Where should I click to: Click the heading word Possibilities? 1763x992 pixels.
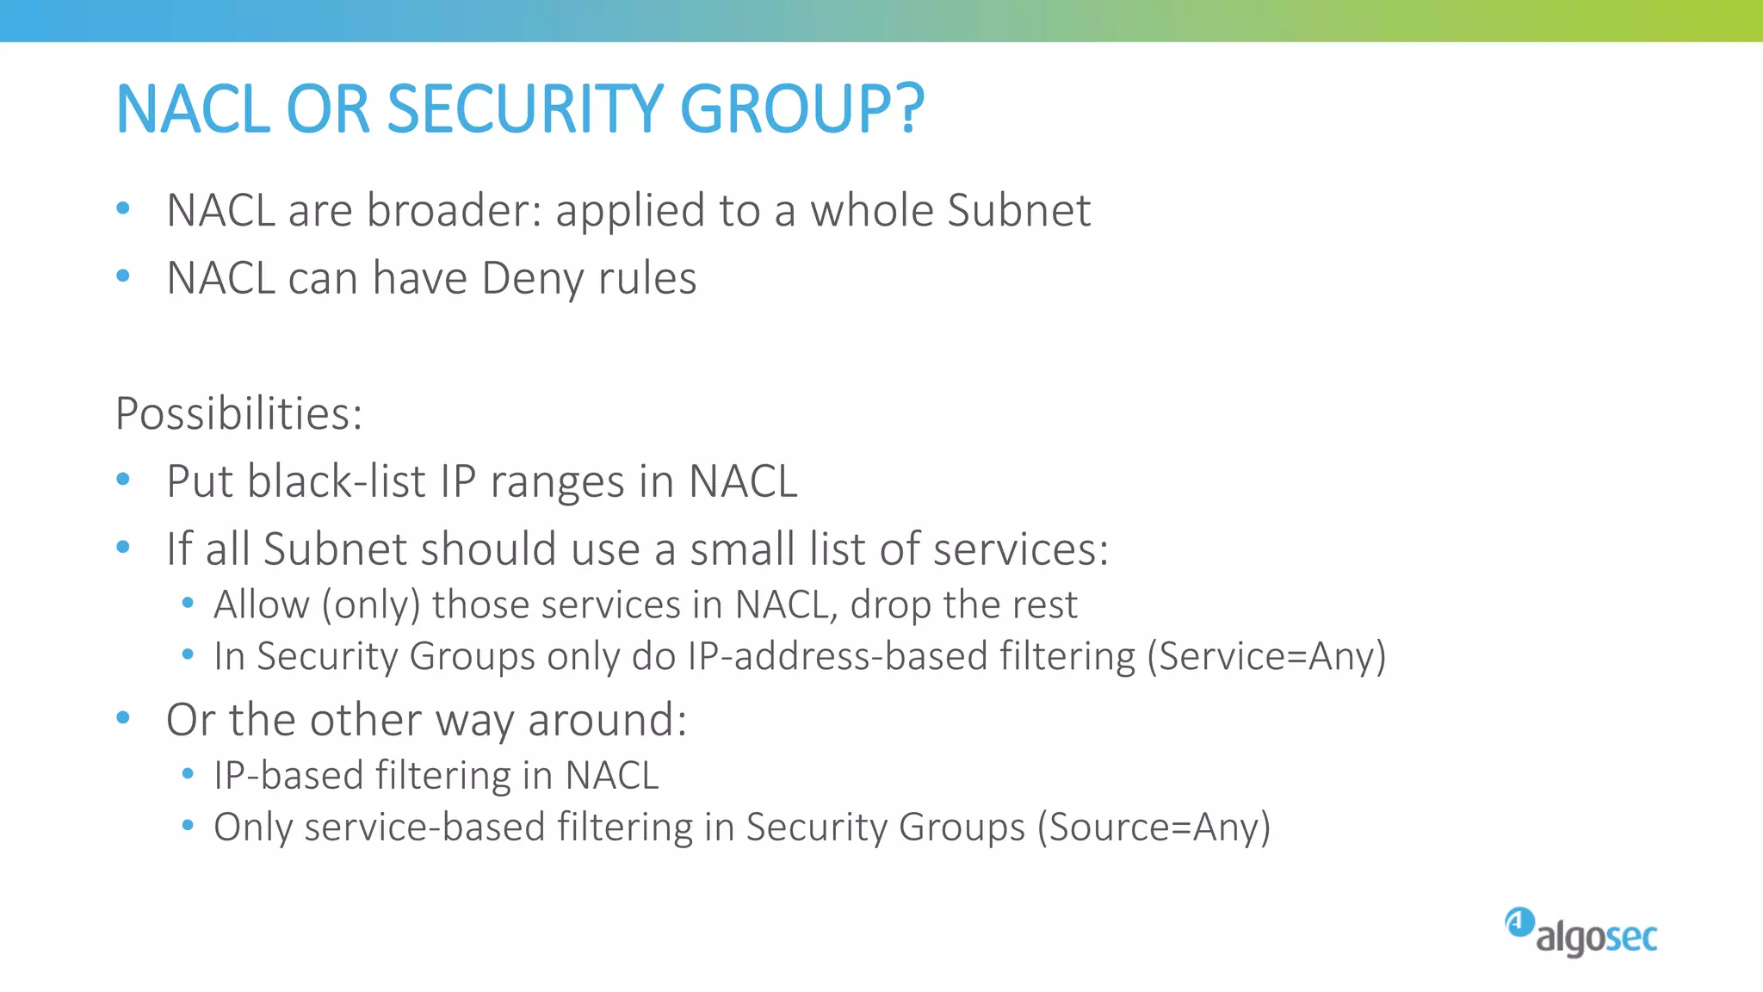pyautogui.click(x=238, y=414)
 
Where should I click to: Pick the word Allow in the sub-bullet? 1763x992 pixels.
pyautogui.click(x=262, y=604)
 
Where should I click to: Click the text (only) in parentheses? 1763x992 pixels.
pyautogui.click(x=371, y=605)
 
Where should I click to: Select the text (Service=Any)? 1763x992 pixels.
pyautogui.click(x=1266, y=657)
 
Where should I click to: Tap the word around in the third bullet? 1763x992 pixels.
pyautogui.click(x=606, y=721)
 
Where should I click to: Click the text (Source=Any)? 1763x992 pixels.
pyautogui.click(x=1154, y=828)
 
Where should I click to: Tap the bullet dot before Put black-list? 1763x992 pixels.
pyautogui.click(x=123, y=480)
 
